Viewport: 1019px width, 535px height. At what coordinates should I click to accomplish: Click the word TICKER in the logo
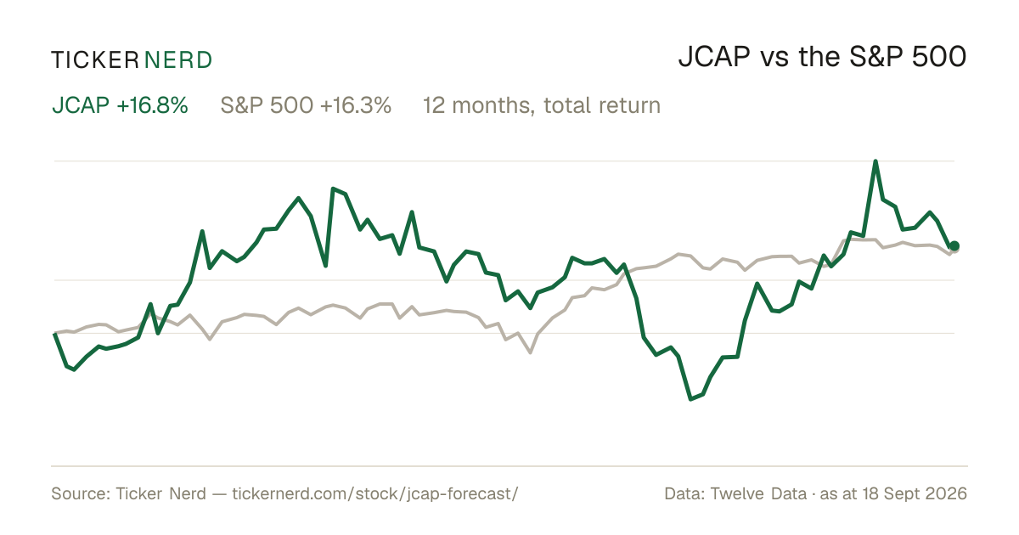point(95,60)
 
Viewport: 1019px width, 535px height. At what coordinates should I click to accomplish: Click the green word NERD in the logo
point(177,60)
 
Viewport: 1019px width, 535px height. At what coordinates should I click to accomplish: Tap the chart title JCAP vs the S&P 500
point(822,58)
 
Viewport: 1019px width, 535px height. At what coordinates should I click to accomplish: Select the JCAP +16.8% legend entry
point(120,105)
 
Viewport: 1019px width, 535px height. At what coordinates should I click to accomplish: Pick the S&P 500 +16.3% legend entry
point(306,105)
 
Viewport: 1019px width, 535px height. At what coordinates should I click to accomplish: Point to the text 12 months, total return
point(542,105)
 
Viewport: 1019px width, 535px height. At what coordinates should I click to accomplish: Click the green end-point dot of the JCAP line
point(954,246)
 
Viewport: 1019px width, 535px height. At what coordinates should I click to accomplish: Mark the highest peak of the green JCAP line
point(875,161)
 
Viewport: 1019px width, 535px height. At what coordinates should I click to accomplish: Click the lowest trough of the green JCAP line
point(691,399)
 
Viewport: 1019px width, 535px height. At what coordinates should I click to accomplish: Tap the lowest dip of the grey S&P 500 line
point(531,352)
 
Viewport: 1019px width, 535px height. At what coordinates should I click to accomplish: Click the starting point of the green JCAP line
point(54,334)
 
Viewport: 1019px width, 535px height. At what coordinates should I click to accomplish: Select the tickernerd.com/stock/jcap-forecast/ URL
point(374,493)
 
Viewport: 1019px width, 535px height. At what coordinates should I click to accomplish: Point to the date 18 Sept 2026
point(915,493)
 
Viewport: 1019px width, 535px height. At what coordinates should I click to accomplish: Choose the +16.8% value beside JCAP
point(152,105)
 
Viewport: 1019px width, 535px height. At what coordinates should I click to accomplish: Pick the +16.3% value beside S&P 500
point(356,105)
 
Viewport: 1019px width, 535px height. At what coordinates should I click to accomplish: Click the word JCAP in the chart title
point(714,58)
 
